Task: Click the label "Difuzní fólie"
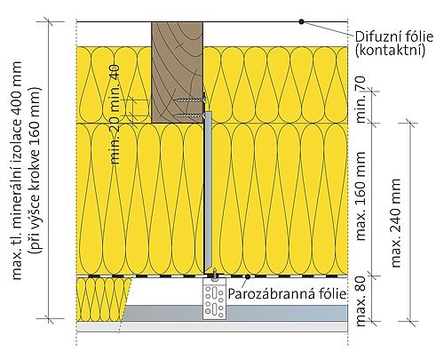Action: [x=394, y=36]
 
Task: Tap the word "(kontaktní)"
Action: [x=390, y=50]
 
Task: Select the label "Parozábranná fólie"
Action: [x=287, y=294]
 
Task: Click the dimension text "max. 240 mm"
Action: [x=395, y=223]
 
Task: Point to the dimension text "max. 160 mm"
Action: [x=361, y=196]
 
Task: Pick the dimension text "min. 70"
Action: [x=361, y=100]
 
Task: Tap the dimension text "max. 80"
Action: [x=361, y=301]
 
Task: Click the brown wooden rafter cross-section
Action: [x=177, y=72]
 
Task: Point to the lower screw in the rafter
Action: [x=190, y=115]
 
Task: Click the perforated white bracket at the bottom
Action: [x=214, y=298]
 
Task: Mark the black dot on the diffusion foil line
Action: [x=301, y=21]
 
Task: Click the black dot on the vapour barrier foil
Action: [x=248, y=276]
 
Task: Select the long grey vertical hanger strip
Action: [x=208, y=192]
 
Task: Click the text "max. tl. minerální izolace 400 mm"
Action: [x=17, y=171]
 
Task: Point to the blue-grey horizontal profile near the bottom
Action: [x=235, y=313]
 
